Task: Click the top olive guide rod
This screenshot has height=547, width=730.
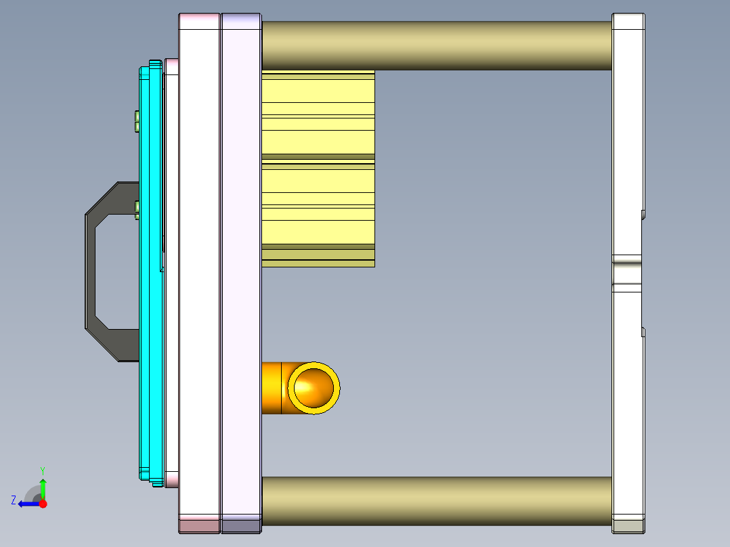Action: coord(436,45)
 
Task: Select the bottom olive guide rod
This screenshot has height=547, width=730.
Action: coord(436,501)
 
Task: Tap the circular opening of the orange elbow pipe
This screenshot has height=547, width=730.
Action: coord(314,387)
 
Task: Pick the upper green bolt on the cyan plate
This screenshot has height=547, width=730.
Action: coord(137,121)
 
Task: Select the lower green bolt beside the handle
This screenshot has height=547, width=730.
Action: coord(137,209)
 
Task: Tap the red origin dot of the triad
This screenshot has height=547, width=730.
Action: coord(43,504)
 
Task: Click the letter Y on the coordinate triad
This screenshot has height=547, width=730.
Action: coord(43,470)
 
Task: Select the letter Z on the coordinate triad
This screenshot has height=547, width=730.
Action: coord(14,500)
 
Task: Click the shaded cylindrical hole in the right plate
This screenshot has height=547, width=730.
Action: coord(628,273)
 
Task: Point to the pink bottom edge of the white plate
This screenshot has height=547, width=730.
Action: coord(199,525)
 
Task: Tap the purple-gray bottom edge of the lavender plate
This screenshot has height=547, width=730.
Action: coord(241,525)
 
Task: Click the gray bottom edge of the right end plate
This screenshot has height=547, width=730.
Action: coord(628,526)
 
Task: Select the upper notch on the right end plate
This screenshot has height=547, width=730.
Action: coord(643,215)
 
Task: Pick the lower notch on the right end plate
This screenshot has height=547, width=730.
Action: coord(643,332)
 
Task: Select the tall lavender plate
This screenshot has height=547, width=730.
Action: coord(241,271)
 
